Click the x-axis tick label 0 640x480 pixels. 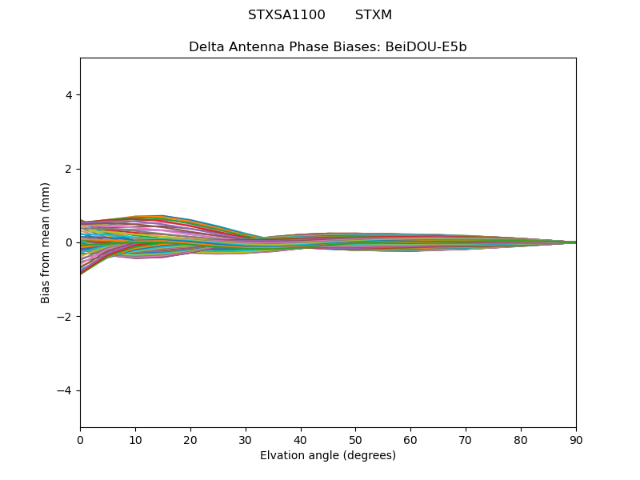pos(80,439)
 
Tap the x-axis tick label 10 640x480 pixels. pos(135,439)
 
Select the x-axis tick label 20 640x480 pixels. pos(190,439)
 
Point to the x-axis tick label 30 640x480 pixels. pos(246,439)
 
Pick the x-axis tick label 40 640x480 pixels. pos(301,439)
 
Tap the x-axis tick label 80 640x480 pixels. pos(521,439)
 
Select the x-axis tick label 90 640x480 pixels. pos(576,439)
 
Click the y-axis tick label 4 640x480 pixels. pos(69,95)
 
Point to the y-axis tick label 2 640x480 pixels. pos(69,169)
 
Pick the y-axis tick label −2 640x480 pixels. pos(66,317)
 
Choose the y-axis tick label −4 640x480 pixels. pos(66,390)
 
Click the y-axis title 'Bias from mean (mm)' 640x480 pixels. pos(46,242)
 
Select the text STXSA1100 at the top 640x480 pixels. pos(286,15)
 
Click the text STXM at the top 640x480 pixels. pos(373,15)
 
